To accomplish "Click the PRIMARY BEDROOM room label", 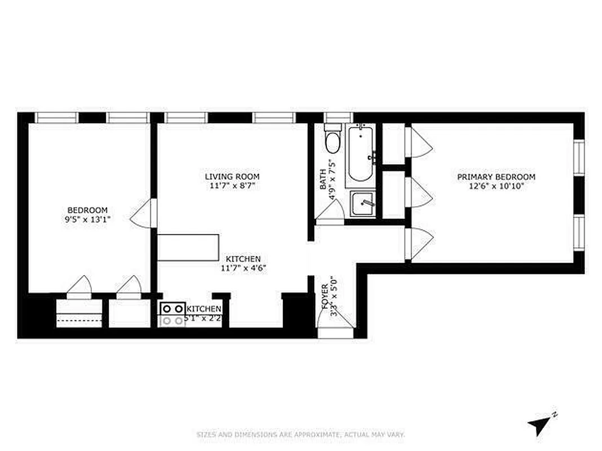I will (x=496, y=177).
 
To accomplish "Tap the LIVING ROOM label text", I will (x=232, y=176).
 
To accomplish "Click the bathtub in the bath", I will (x=361, y=153).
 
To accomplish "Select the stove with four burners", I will (x=172, y=315).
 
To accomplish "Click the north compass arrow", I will (x=539, y=423).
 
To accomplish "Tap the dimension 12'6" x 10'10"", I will (x=496, y=185).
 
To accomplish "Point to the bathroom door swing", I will (x=331, y=213).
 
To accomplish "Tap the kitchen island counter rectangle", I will (x=188, y=247).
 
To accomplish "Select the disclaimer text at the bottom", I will (x=300, y=435).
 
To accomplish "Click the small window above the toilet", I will (x=337, y=118).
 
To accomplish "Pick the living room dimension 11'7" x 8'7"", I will (x=232, y=185).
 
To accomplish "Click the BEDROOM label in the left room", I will (x=87, y=210).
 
